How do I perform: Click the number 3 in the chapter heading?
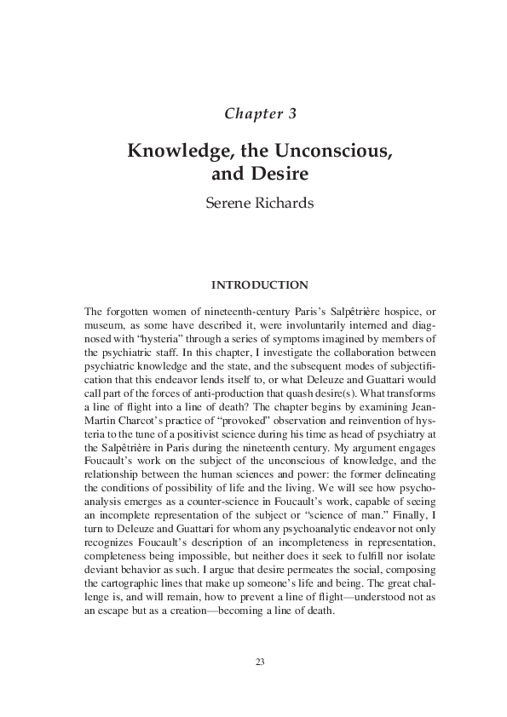[x=291, y=113]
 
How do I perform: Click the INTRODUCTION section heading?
[x=253, y=284]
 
